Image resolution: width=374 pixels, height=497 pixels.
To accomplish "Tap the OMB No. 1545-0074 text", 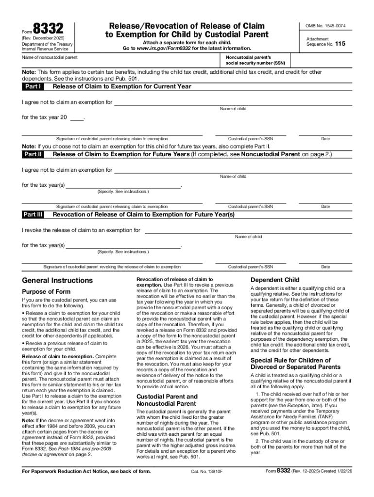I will click(329, 26).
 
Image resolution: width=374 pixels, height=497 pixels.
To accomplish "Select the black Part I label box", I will click(33, 86).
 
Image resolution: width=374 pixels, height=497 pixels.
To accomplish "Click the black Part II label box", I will click(33, 154).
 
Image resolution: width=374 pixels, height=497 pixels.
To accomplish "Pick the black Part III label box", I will click(33, 214).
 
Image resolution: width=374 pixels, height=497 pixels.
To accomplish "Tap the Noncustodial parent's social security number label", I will click(255, 60).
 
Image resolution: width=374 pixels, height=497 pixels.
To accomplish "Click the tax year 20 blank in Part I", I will click(76, 117).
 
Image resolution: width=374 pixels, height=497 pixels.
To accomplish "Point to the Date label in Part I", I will click(325, 139).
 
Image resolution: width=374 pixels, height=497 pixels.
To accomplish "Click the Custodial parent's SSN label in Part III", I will click(251, 266).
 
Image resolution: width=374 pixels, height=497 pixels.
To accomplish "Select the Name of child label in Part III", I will click(248, 237).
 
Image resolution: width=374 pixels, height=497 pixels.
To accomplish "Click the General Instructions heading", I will click(57, 281).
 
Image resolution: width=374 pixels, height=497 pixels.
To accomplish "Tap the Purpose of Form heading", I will click(46, 292).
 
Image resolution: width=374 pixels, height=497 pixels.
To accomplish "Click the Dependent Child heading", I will click(274, 280).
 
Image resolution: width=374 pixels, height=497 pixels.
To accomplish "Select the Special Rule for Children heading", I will click(290, 364).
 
